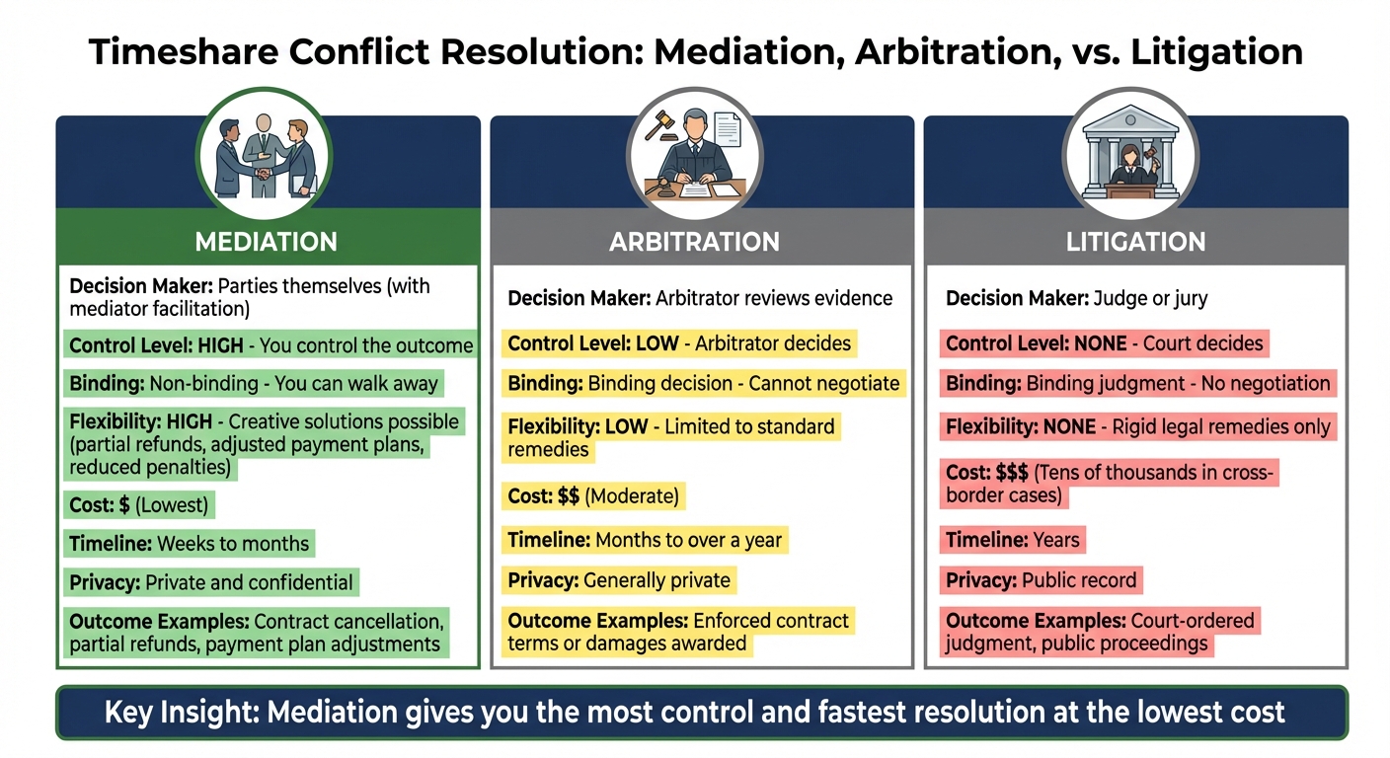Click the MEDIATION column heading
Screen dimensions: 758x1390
267,241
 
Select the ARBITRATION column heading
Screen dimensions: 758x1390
694,241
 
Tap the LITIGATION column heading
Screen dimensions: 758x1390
1135,241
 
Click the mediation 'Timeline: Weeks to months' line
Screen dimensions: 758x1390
189,543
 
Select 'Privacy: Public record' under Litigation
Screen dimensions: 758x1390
1042,580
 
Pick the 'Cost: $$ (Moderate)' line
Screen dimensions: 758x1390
593,496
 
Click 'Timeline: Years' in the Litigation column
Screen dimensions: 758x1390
1013,540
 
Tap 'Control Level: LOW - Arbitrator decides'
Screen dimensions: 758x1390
679,343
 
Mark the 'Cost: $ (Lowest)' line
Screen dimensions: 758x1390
138,505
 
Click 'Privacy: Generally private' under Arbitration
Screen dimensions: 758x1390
619,580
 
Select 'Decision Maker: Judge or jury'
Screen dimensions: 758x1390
1076,298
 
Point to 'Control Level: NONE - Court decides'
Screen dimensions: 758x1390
1104,343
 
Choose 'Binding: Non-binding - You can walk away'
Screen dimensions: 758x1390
254,383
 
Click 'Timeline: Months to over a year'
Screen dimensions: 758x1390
645,540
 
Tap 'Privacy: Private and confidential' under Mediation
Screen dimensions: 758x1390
210,582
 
